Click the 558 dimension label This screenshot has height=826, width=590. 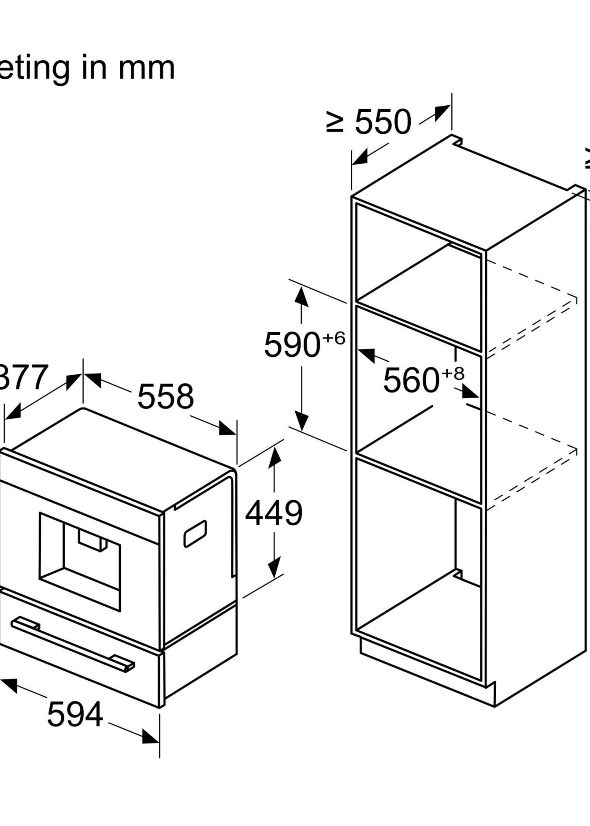pos(166,396)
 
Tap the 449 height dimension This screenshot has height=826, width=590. pos(274,514)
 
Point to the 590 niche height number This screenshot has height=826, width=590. pos(292,344)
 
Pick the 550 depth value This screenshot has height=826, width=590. pos(383,122)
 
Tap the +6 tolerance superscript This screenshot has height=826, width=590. pos(334,338)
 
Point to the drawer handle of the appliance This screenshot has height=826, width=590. pos(72,639)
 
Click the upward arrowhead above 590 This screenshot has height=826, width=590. pos(301,298)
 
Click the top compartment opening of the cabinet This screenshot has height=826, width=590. pos(418,276)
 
